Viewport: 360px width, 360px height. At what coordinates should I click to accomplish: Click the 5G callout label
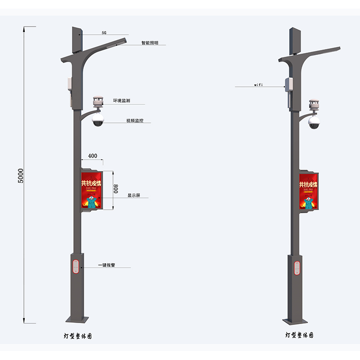click(x=104, y=33)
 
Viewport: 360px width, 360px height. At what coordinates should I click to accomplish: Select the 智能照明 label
click(x=149, y=43)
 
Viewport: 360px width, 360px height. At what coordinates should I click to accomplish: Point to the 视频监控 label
click(x=135, y=121)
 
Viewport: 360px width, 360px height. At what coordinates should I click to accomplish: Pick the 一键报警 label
click(x=106, y=265)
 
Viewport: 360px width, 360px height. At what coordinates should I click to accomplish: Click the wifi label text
click(x=258, y=85)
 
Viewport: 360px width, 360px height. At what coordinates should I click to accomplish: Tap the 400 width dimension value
click(x=92, y=156)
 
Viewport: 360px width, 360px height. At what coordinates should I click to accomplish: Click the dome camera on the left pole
click(x=98, y=120)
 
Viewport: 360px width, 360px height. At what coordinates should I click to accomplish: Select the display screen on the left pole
click(x=92, y=191)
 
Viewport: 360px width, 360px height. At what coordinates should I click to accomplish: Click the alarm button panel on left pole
click(x=76, y=265)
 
